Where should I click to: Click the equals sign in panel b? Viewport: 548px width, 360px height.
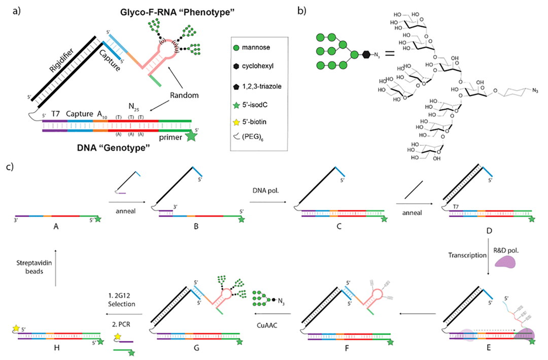click(x=390, y=52)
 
